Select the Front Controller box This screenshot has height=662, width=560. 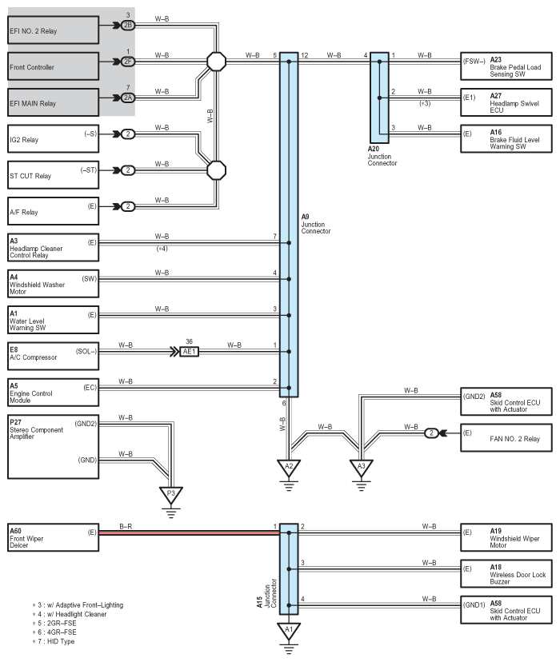pyautogui.click(x=53, y=67)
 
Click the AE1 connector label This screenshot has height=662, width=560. pyautogui.click(x=189, y=351)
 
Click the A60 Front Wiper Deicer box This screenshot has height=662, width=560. pyautogui.click(x=53, y=537)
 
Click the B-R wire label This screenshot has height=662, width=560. pyautogui.click(x=126, y=525)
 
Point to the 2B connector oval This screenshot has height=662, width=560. pyautogui.click(x=128, y=26)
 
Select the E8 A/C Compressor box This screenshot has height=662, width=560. pyautogui.click(x=53, y=353)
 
